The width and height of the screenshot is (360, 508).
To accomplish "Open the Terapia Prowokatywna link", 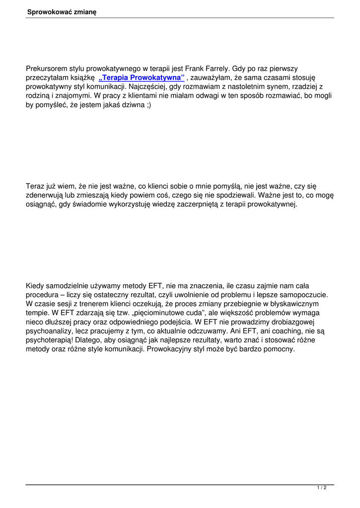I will point(142,78).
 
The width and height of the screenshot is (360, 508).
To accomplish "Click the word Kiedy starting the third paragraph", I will point(35,286).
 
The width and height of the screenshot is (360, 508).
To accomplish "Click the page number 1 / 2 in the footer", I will point(321,488).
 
